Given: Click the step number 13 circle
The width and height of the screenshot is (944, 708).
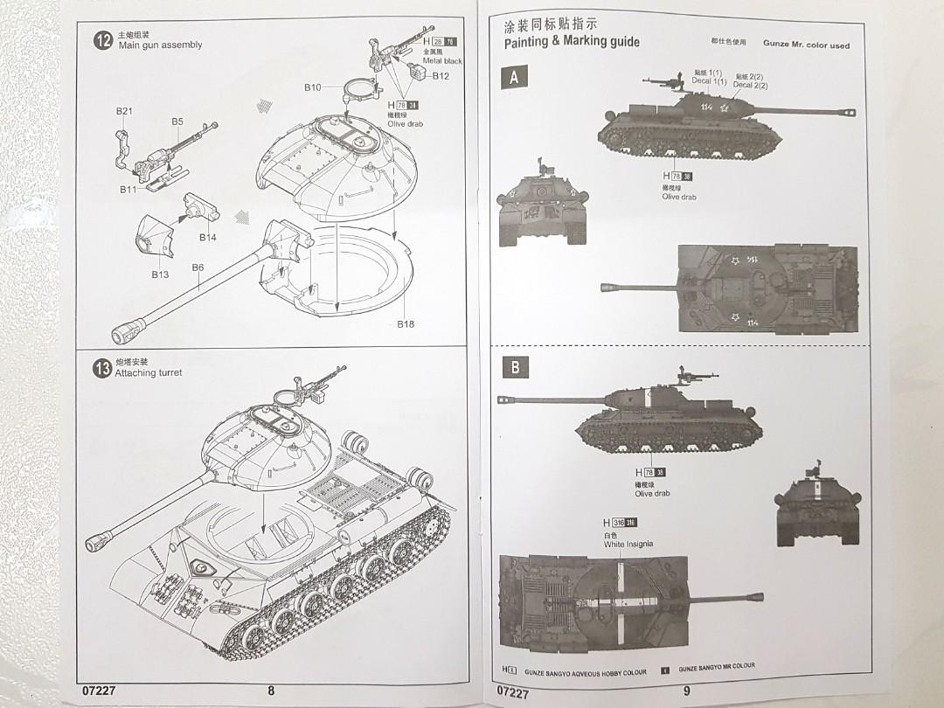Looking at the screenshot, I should tap(102, 368).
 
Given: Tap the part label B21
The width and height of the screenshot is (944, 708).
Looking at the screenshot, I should tap(124, 111).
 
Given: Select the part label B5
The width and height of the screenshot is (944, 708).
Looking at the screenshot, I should tap(177, 121).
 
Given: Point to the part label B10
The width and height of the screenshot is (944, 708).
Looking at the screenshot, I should tap(313, 87).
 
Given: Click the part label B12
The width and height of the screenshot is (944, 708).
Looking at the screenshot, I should tap(441, 77).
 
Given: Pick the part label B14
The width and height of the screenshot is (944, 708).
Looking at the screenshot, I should tap(207, 237).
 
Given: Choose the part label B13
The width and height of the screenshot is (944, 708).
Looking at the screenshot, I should tap(159, 274).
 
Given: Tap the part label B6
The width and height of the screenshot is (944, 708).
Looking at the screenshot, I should tap(198, 267).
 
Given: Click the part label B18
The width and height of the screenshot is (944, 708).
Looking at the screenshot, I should tap(406, 323).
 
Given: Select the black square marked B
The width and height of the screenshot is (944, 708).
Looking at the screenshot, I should tap(514, 368).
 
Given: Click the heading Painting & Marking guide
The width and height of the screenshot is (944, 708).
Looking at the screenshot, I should tap(572, 42).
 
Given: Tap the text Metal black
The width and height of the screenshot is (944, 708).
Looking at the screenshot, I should tap(442, 61).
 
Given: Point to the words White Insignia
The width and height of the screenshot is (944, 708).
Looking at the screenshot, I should tap(628, 544).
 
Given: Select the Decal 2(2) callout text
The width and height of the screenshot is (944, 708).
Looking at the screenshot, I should tap(750, 85).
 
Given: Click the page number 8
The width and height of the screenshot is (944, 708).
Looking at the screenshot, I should tap(271, 691).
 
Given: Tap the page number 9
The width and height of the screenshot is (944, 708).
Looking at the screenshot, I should tap(687, 691).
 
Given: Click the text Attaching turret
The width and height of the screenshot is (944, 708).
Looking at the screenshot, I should tap(149, 373).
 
